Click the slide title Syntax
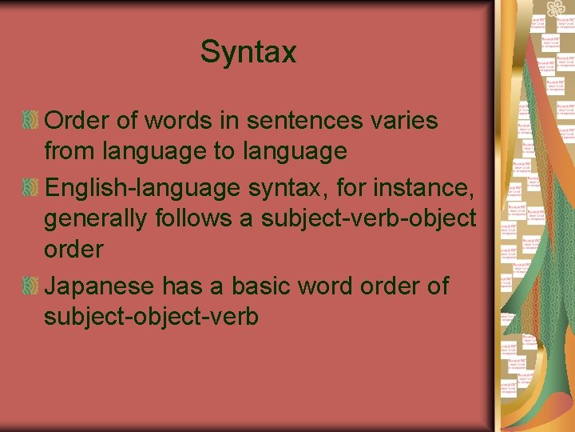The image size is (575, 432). pyautogui.click(x=248, y=53)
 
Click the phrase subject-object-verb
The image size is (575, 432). pyautogui.click(x=152, y=316)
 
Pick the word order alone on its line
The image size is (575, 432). pyautogui.click(x=74, y=249)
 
